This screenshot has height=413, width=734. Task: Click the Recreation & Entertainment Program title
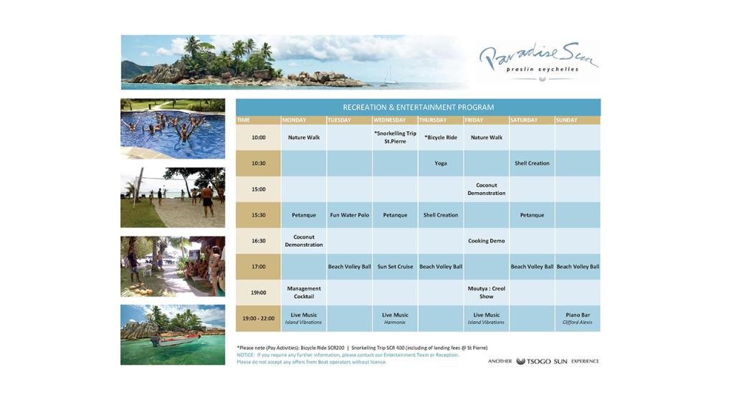coord(418,108)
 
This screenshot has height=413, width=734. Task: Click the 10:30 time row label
coord(258,163)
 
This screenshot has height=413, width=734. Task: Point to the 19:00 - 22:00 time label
coord(258,318)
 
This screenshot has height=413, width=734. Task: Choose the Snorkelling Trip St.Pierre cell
coord(395,138)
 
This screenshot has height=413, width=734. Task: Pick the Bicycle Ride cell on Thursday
coord(441,138)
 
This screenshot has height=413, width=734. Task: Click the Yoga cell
coord(441,163)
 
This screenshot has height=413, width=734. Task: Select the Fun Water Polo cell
coord(350,215)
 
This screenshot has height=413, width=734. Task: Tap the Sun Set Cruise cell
coord(395,267)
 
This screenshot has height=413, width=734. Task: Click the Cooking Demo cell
coord(487,241)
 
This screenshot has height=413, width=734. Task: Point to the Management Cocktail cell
coord(304,293)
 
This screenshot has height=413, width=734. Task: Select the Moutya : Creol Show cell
coord(487,293)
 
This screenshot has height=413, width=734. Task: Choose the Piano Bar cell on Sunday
coord(578,318)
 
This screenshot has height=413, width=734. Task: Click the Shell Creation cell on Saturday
coord(532,163)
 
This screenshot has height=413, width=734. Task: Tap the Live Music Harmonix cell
coord(395,318)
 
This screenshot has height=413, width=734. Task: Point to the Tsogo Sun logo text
coord(542,361)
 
